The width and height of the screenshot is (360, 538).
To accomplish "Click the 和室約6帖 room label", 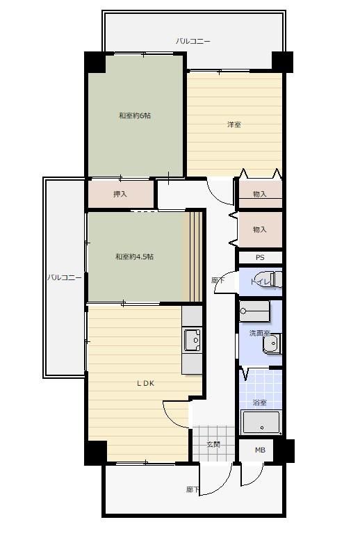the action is pos(135,115).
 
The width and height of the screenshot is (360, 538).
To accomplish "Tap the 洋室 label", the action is pos(234,124).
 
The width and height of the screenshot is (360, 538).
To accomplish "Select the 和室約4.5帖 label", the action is pos(134,256).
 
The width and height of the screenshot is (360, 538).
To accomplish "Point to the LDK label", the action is pos(145,383).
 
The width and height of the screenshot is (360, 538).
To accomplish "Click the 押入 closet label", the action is pos(120,194).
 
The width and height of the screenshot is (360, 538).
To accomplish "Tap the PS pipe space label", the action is pos(260,257).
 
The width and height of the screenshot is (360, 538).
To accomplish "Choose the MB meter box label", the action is pos(260,450).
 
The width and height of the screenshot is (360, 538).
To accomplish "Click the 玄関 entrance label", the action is pos(213,444).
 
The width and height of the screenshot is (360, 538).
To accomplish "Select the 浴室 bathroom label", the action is pos(259,402).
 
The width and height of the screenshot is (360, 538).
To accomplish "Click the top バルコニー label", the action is pos(193,41).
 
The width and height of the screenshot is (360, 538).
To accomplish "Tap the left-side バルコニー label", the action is pos(65,277).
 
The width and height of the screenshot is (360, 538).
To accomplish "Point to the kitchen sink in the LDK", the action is pos(193,340).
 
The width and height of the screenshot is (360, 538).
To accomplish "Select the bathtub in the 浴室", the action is pos(261,422).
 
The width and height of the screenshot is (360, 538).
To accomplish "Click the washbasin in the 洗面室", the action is pos(272,344).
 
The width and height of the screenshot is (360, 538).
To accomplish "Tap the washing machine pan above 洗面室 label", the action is pos(254,311).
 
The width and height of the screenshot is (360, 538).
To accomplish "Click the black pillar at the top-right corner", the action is pos(282,62).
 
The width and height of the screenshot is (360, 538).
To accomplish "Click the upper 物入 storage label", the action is pos(260,194).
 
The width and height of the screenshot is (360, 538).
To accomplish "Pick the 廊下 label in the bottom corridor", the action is pos(193,489).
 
